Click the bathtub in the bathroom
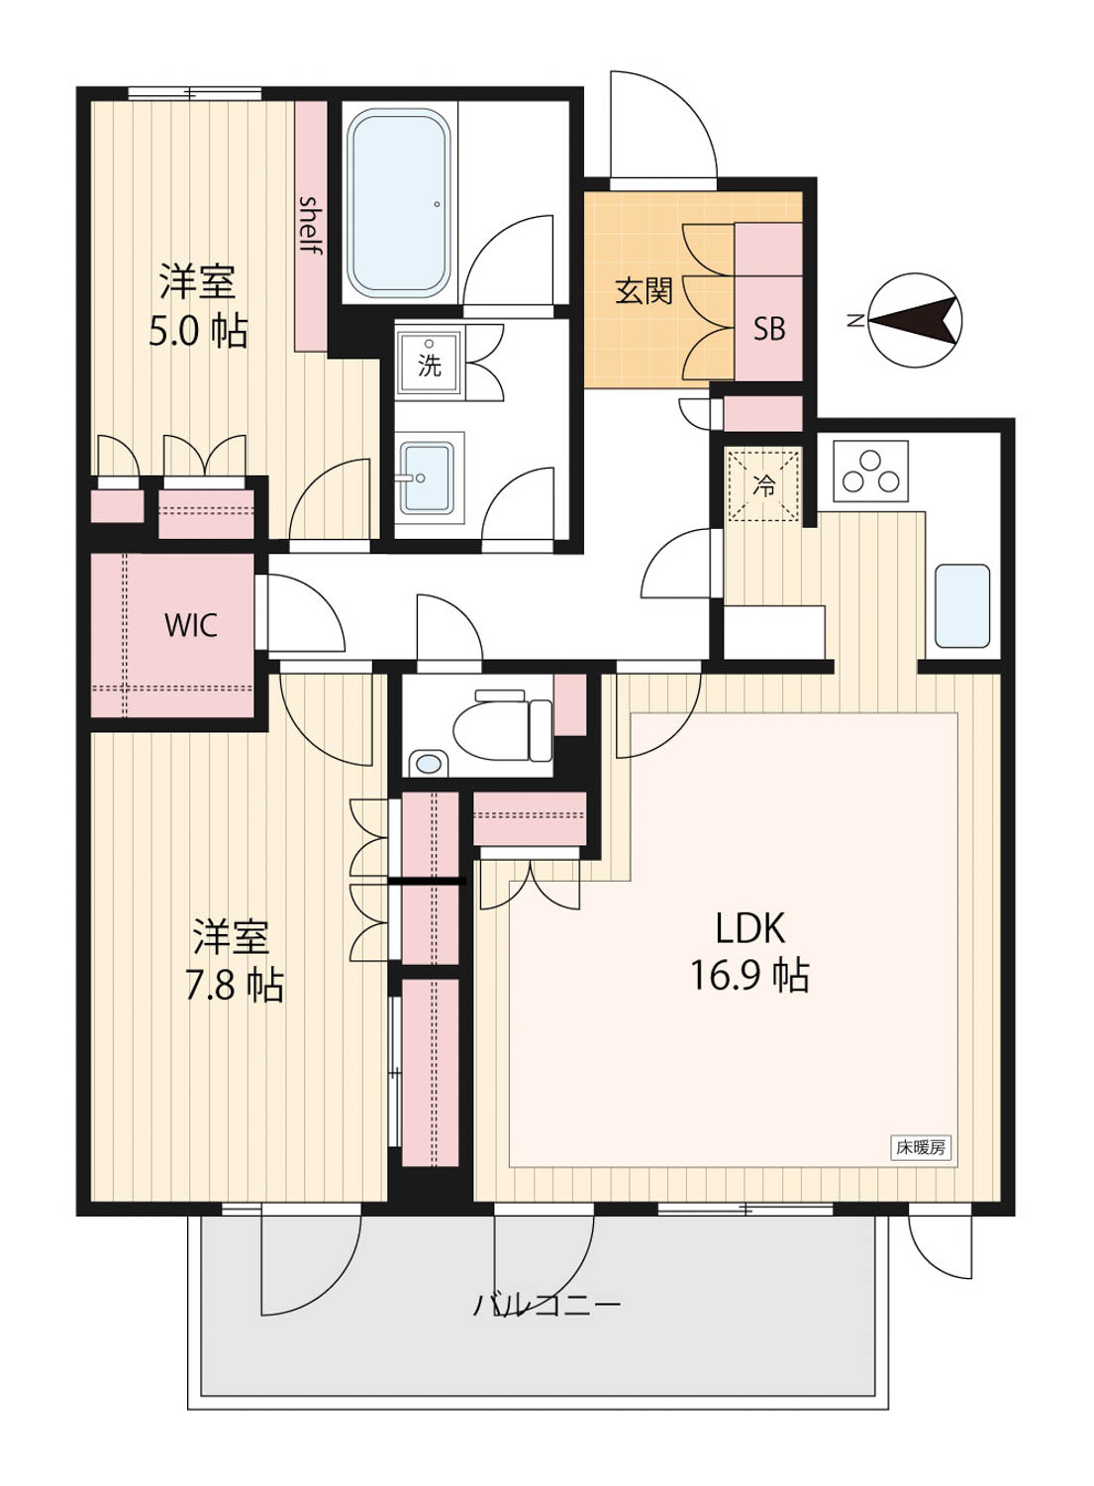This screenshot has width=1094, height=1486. coord(398,204)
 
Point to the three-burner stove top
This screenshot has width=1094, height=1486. coord(871,471)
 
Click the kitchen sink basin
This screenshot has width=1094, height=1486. coord(962,605)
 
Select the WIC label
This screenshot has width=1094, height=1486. coord(191,625)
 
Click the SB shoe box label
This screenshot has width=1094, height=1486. coord(769,328)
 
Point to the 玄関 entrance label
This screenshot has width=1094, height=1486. coord(644,290)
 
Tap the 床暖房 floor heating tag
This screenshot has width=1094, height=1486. coord(921,1147)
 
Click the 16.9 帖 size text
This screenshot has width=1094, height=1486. coord(749,976)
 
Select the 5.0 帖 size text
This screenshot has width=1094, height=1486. coord(198,332)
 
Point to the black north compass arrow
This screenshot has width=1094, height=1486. coord(915,320)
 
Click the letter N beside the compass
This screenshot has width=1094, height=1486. coord(855,321)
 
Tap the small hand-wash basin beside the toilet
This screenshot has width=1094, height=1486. coord(429,763)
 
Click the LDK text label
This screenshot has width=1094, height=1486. coord(749,928)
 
